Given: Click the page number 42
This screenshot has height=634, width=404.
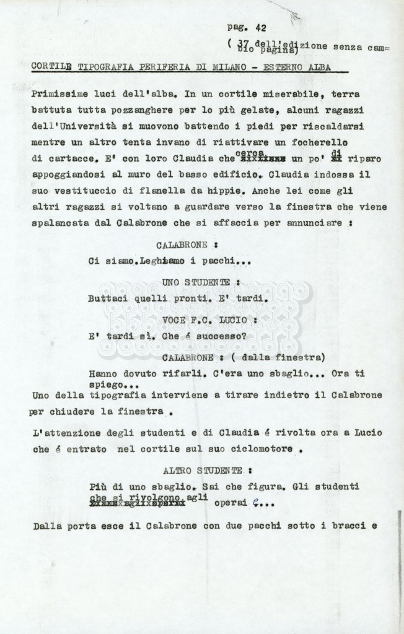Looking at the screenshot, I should click(x=260, y=27).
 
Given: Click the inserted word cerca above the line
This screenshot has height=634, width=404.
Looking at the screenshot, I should click(x=250, y=152).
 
